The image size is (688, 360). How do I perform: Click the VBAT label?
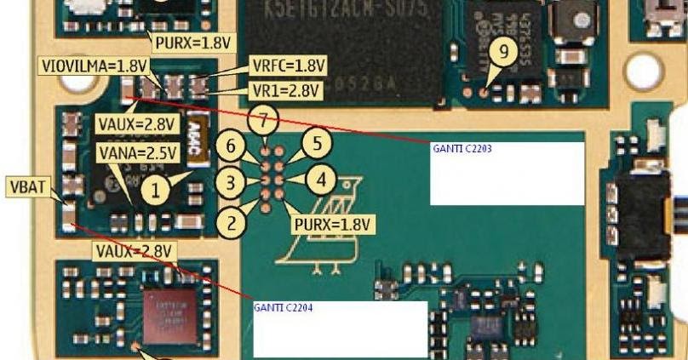click(x=26, y=185)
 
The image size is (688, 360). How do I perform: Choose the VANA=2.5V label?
click(x=138, y=153)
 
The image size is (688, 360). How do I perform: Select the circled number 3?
click(x=231, y=181)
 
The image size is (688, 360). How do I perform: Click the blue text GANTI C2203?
click(x=462, y=148)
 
